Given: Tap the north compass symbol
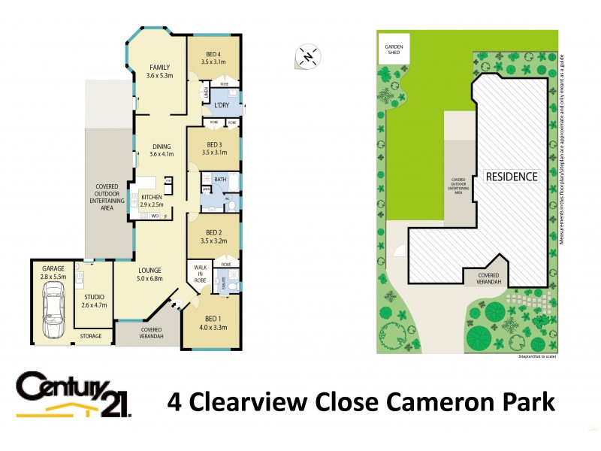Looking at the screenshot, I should coord(309,55).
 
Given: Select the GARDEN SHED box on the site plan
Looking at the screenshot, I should coord(395,50).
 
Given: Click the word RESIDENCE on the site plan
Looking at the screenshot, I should coord(512,177).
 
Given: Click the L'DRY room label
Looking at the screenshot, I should coord(222,105).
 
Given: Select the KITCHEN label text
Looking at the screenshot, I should coord(152,197).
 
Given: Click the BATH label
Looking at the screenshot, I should coord(220,180).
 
